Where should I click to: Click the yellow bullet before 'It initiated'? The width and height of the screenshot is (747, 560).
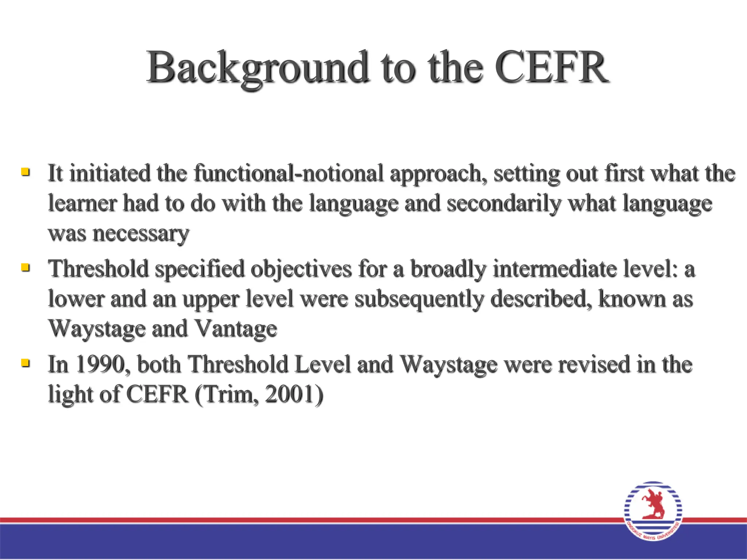25,171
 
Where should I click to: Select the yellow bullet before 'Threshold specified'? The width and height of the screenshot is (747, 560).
25,267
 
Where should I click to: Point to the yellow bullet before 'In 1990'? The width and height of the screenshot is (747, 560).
25,363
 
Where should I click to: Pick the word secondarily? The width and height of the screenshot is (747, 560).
504,203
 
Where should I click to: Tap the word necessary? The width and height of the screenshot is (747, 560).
141,234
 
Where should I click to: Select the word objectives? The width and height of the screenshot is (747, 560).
301,269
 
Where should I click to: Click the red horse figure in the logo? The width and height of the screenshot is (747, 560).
653,505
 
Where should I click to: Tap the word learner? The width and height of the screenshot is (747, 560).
82,203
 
